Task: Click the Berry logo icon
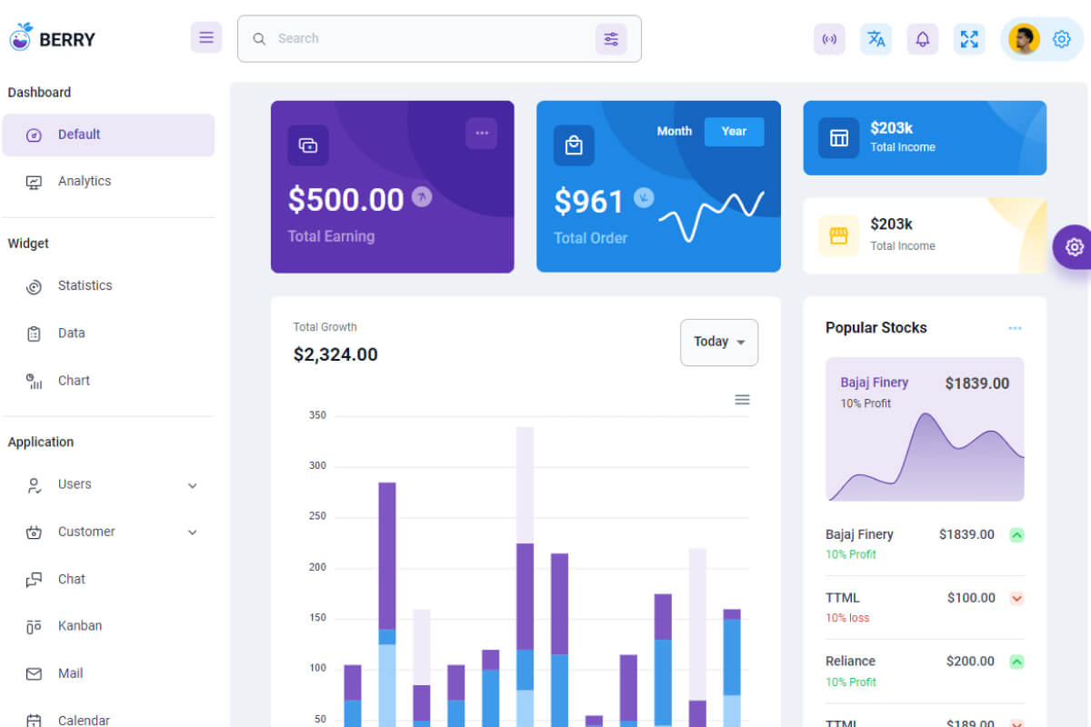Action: pyautogui.click(x=21, y=37)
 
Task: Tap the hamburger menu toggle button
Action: pyautogui.click(x=206, y=37)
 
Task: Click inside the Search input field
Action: pyautogui.click(x=427, y=38)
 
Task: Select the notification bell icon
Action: pyautogui.click(x=923, y=39)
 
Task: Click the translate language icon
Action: pyautogui.click(x=876, y=39)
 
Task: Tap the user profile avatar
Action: pyautogui.click(x=1024, y=39)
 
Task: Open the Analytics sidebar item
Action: pyautogui.click(x=85, y=181)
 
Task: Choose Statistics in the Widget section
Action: pyautogui.click(x=85, y=285)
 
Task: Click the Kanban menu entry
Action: pyautogui.click(x=80, y=625)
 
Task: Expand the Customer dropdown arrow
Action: pyautogui.click(x=193, y=532)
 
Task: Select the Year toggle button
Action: pyautogui.click(x=734, y=131)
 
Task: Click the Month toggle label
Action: pyautogui.click(x=675, y=131)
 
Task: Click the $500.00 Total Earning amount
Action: pyautogui.click(x=345, y=200)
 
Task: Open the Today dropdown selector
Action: pyautogui.click(x=719, y=342)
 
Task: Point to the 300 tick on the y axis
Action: pyautogui.click(x=317, y=466)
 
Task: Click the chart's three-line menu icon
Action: pyautogui.click(x=742, y=400)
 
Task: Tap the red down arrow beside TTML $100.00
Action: pyautogui.click(x=1017, y=598)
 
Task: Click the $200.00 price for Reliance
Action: pyautogui.click(x=970, y=662)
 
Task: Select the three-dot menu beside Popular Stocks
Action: pyautogui.click(x=1015, y=328)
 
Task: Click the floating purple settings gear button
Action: pyautogui.click(x=1075, y=246)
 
